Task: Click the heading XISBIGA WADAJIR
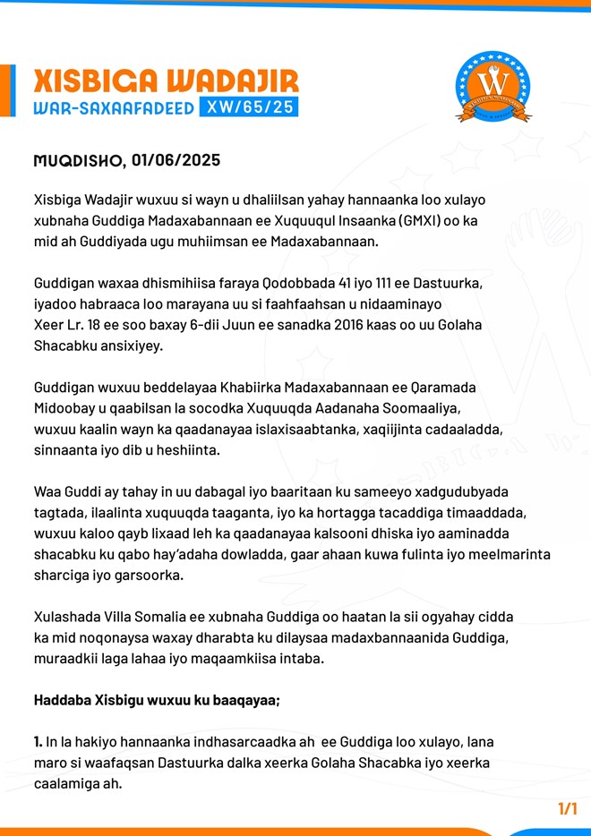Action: (167, 82)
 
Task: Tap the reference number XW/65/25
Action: (250, 108)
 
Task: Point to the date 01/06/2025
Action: (176, 161)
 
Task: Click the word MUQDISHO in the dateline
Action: (76, 161)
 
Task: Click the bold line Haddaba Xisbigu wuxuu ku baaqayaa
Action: (156, 700)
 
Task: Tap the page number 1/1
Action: (567, 808)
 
